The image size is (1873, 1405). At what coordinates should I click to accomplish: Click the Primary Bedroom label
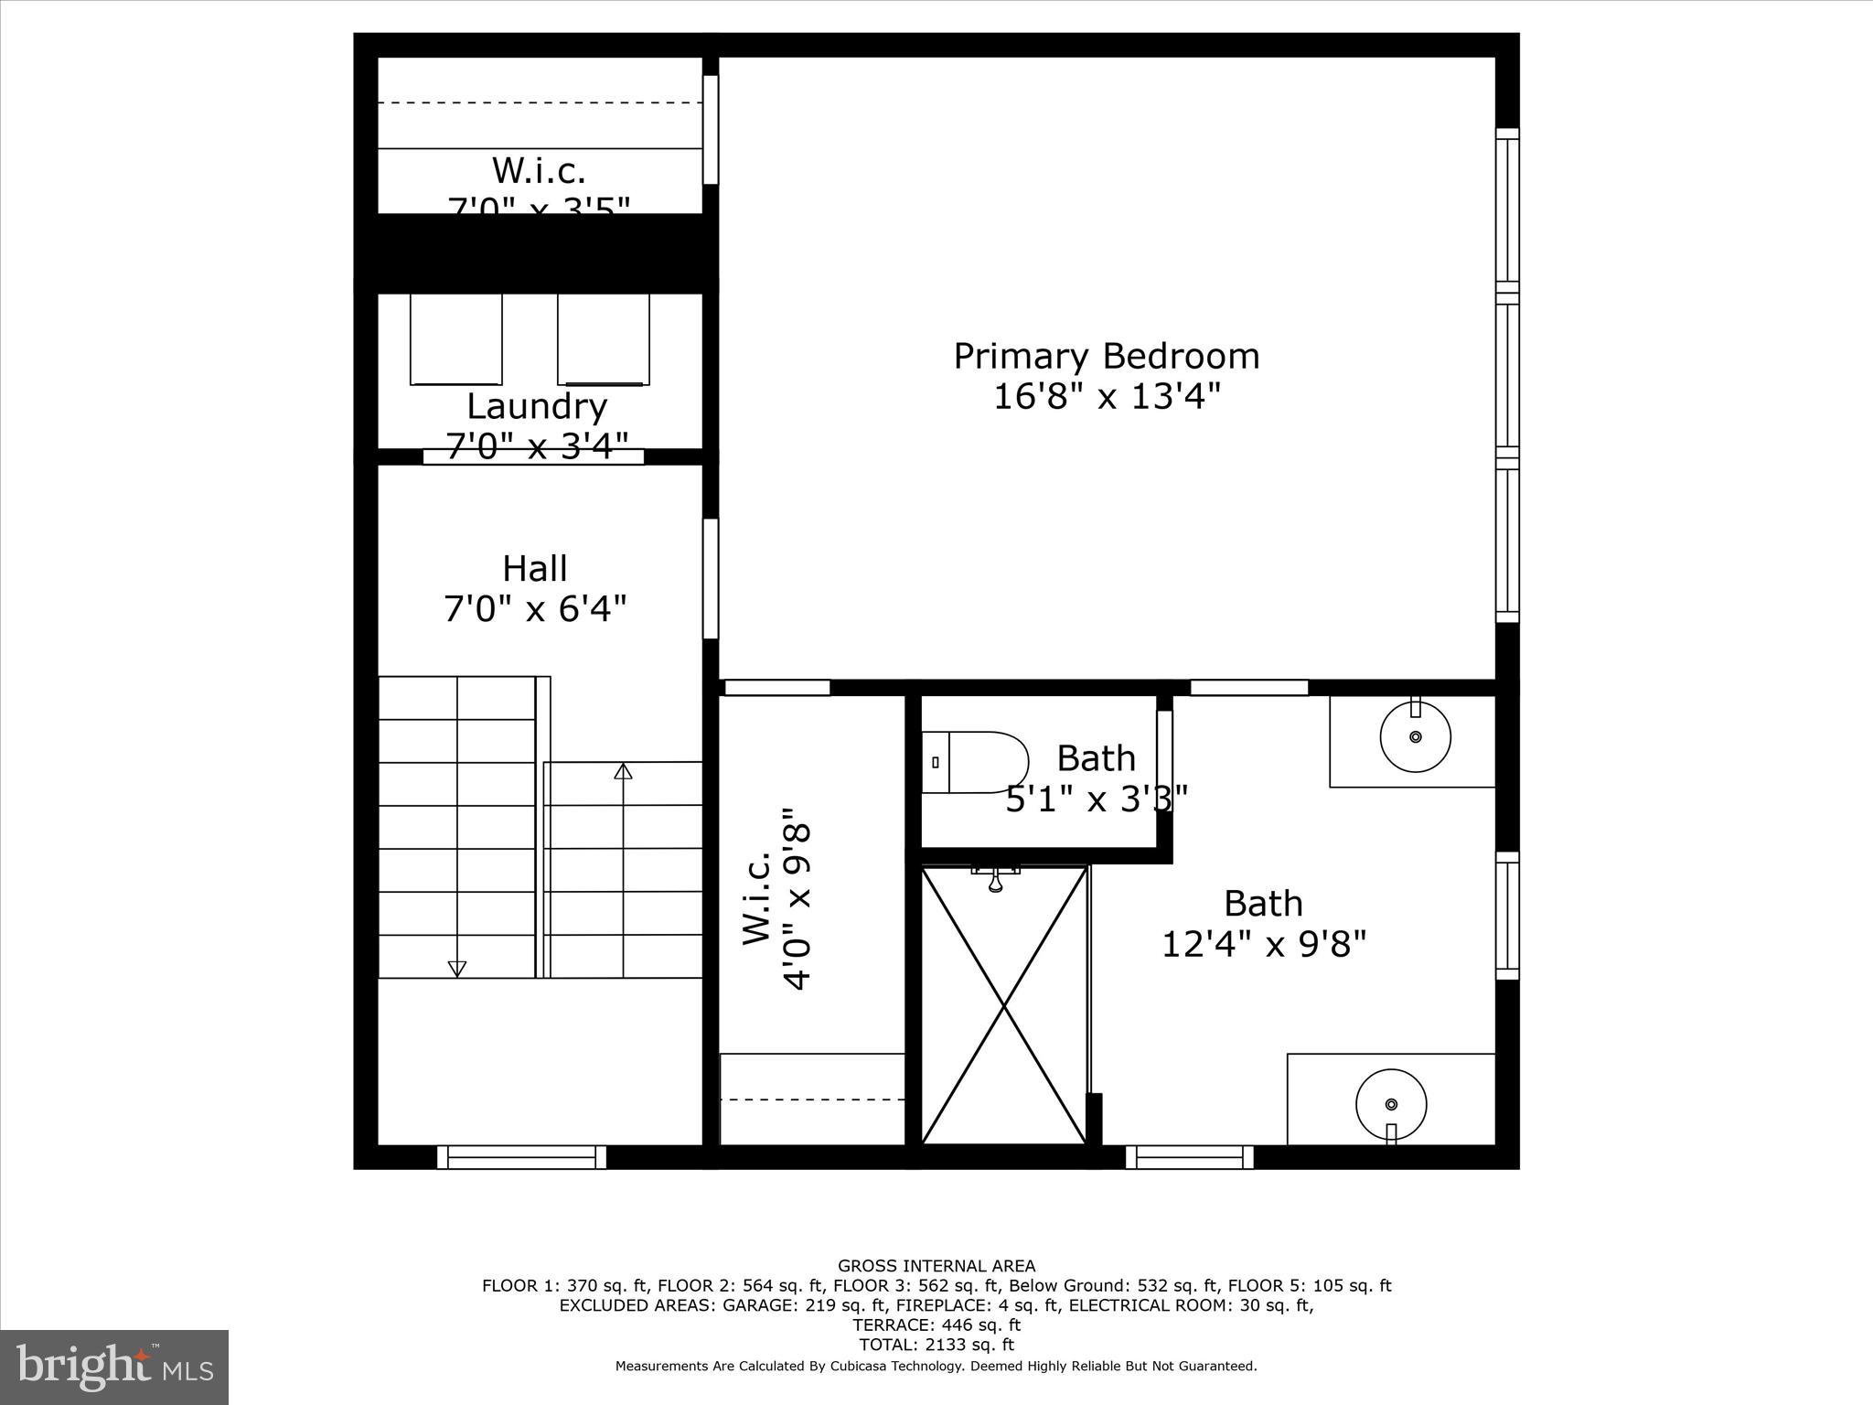pyautogui.click(x=1106, y=356)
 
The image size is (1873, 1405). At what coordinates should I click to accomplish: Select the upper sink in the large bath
pyautogui.click(x=1415, y=736)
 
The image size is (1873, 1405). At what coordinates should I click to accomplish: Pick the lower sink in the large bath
pyautogui.click(x=1391, y=1105)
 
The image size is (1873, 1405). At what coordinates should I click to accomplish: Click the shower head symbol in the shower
pyautogui.click(x=996, y=880)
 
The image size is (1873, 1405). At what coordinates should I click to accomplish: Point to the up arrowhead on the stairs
pyautogui.click(x=623, y=771)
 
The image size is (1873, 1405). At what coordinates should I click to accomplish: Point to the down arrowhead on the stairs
pyautogui.click(x=457, y=969)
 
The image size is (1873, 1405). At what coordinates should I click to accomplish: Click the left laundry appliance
pyautogui.click(x=455, y=338)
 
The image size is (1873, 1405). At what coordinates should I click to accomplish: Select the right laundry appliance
pyautogui.click(x=603, y=338)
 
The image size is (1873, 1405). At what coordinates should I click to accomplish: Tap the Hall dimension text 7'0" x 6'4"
pyautogui.click(x=535, y=608)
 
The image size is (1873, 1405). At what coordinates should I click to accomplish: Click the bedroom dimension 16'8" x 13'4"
pyautogui.click(x=1107, y=397)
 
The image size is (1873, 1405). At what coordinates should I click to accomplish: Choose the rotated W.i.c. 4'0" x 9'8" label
pyautogui.click(x=776, y=897)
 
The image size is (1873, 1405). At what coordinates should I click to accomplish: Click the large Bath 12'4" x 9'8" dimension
pyautogui.click(x=1263, y=944)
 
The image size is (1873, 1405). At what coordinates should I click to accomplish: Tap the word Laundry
pyautogui.click(x=536, y=406)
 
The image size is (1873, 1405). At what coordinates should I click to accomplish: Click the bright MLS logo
pyautogui.click(x=113, y=1367)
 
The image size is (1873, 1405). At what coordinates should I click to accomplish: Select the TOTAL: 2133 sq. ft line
pyautogui.click(x=936, y=1345)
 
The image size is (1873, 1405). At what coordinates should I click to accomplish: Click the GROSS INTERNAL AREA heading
pyautogui.click(x=936, y=1266)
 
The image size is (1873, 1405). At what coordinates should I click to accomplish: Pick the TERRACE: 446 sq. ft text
pyautogui.click(x=936, y=1325)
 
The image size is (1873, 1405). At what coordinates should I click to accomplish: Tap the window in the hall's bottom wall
pyautogui.click(x=521, y=1157)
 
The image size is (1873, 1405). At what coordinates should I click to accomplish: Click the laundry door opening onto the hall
pyautogui.click(x=533, y=456)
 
